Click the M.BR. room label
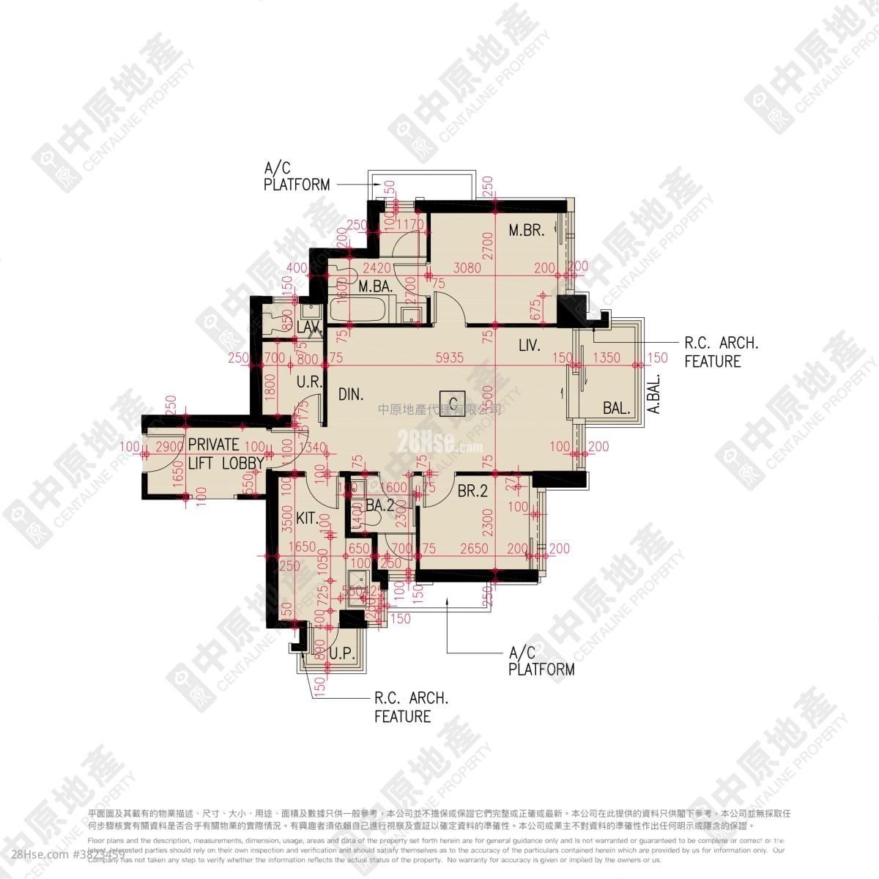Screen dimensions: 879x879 click(527, 231)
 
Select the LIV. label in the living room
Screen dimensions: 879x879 click(530, 345)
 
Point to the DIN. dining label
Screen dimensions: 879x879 click(352, 394)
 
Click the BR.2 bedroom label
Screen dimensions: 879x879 click(472, 492)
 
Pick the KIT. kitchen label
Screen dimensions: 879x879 click(308, 519)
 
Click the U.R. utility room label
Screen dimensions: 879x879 click(310, 382)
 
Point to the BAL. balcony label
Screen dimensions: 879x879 click(617, 409)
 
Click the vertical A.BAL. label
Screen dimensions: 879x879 click(654, 394)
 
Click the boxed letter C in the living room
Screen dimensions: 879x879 click(454, 401)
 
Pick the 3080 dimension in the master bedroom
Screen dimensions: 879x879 click(467, 268)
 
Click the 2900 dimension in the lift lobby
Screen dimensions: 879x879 click(169, 447)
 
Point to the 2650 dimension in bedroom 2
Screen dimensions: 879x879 click(475, 549)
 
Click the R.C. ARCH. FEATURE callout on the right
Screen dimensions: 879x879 click(721, 352)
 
